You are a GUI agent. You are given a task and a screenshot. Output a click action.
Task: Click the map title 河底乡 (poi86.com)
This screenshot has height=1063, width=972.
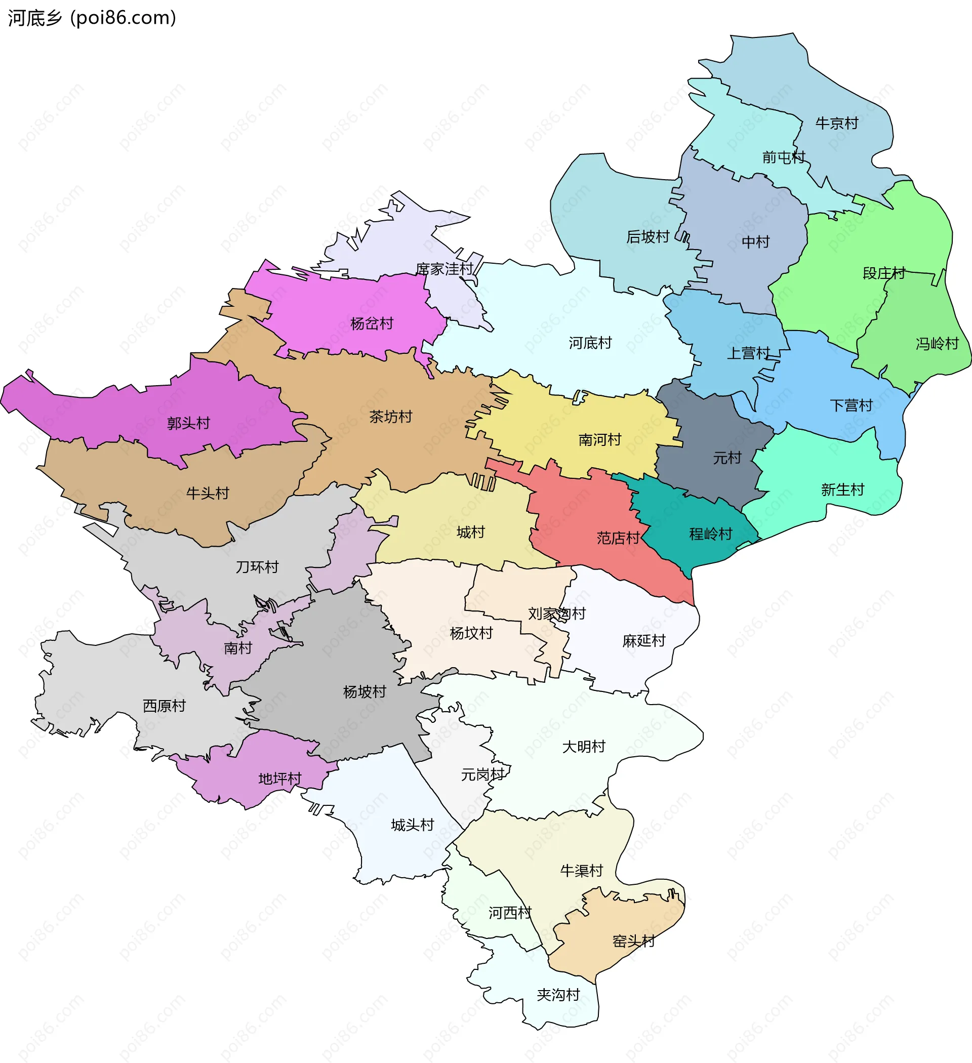92,18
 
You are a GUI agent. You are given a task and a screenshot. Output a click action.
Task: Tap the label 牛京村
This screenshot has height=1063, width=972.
836,124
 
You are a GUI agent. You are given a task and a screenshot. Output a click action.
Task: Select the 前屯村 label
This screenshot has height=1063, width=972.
783,157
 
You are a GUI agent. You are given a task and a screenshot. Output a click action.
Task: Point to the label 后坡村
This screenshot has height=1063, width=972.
647,237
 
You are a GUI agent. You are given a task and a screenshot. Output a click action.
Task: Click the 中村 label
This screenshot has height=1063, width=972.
755,242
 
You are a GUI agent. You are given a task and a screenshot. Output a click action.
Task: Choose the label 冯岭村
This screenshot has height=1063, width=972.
937,344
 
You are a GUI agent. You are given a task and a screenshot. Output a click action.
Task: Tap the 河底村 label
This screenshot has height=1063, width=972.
590,343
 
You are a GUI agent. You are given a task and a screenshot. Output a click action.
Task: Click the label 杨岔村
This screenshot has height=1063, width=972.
372,324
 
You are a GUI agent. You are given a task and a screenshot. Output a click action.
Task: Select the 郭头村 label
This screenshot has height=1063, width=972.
188,423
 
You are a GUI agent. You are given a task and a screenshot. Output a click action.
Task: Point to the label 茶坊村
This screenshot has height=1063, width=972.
390,417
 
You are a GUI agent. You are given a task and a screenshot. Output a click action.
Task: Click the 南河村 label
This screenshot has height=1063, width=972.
600,440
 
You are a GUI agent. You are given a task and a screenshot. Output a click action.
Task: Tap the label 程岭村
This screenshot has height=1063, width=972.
710,534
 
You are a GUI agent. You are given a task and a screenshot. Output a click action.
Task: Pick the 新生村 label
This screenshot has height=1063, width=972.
842,490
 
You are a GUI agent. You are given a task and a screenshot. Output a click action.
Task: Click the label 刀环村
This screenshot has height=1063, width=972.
257,567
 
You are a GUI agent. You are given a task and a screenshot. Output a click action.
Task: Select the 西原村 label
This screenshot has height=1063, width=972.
164,706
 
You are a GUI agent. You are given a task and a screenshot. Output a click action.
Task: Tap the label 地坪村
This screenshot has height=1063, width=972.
279,779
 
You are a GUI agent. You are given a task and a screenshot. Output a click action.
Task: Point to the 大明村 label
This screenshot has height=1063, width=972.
583,747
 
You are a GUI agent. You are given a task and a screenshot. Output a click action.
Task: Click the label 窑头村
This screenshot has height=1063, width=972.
633,941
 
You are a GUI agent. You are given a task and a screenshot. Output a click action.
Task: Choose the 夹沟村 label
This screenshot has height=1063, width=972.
558,995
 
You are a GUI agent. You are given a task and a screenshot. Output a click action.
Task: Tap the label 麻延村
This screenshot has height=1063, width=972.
643,641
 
